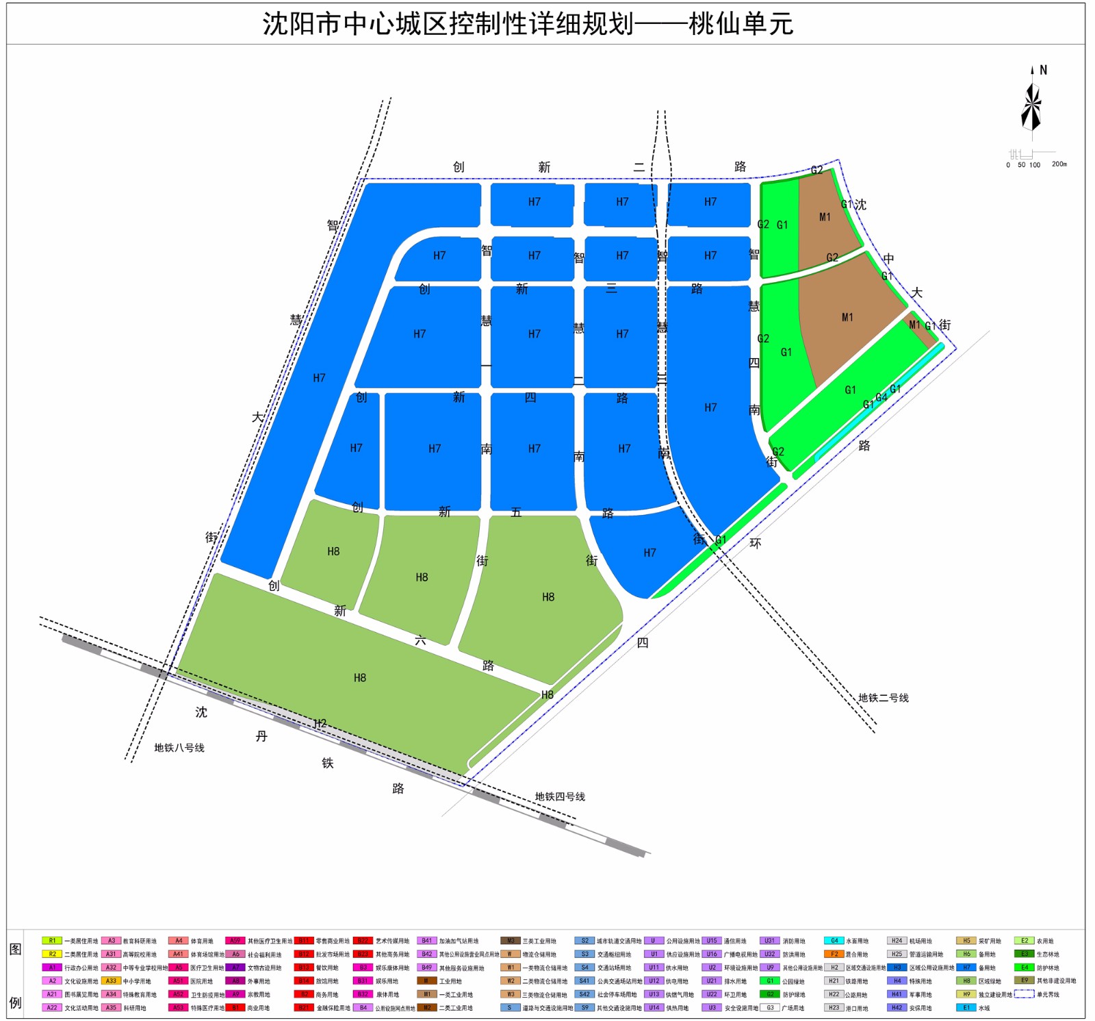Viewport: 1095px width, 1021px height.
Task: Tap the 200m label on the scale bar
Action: pos(1059,164)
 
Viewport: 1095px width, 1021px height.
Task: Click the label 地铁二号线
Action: pos(883,698)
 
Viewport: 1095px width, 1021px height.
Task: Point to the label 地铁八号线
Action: pos(179,748)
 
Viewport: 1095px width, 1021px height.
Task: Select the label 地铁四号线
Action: pos(560,796)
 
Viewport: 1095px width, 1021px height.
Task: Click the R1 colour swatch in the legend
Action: pos(52,941)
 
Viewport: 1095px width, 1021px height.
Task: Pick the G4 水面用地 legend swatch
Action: pos(834,941)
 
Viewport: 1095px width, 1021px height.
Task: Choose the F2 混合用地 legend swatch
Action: pos(834,954)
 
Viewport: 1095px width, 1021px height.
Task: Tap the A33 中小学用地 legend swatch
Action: pos(111,981)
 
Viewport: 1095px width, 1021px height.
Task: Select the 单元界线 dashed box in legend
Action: pos(1024,994)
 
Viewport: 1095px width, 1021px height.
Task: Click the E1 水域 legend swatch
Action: pos(966,1007)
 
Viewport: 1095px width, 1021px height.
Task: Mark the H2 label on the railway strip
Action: pos(320,723)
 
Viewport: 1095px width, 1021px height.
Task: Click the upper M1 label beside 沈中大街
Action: pos(825,217)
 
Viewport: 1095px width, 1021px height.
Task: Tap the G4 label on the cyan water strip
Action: pos(881,397)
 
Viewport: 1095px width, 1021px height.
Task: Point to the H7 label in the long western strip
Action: pos(319,378)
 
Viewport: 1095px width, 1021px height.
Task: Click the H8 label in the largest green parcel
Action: pos(360,678)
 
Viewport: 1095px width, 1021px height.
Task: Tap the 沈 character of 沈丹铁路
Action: pos(201,712)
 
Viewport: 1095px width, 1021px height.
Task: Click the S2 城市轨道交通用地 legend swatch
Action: pos(584,941)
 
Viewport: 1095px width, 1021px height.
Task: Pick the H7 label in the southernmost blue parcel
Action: pos(649,553)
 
